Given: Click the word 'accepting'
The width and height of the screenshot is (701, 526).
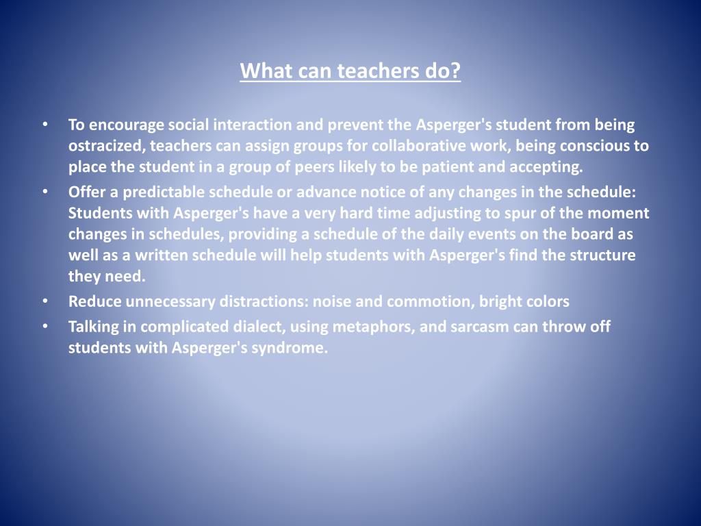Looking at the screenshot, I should click(x=552, y=166).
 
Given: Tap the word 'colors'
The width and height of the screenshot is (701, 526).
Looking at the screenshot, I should click(x=546, y=301).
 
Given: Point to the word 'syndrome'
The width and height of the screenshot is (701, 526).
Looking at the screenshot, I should click(x=294, y=348).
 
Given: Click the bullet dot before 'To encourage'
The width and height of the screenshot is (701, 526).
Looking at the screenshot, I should click(x=44, y=125).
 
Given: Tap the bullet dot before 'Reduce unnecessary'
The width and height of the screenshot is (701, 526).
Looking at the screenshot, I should click(x=44, y=301).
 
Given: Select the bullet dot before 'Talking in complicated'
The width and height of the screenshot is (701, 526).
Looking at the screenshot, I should click(x=44, y=327).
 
